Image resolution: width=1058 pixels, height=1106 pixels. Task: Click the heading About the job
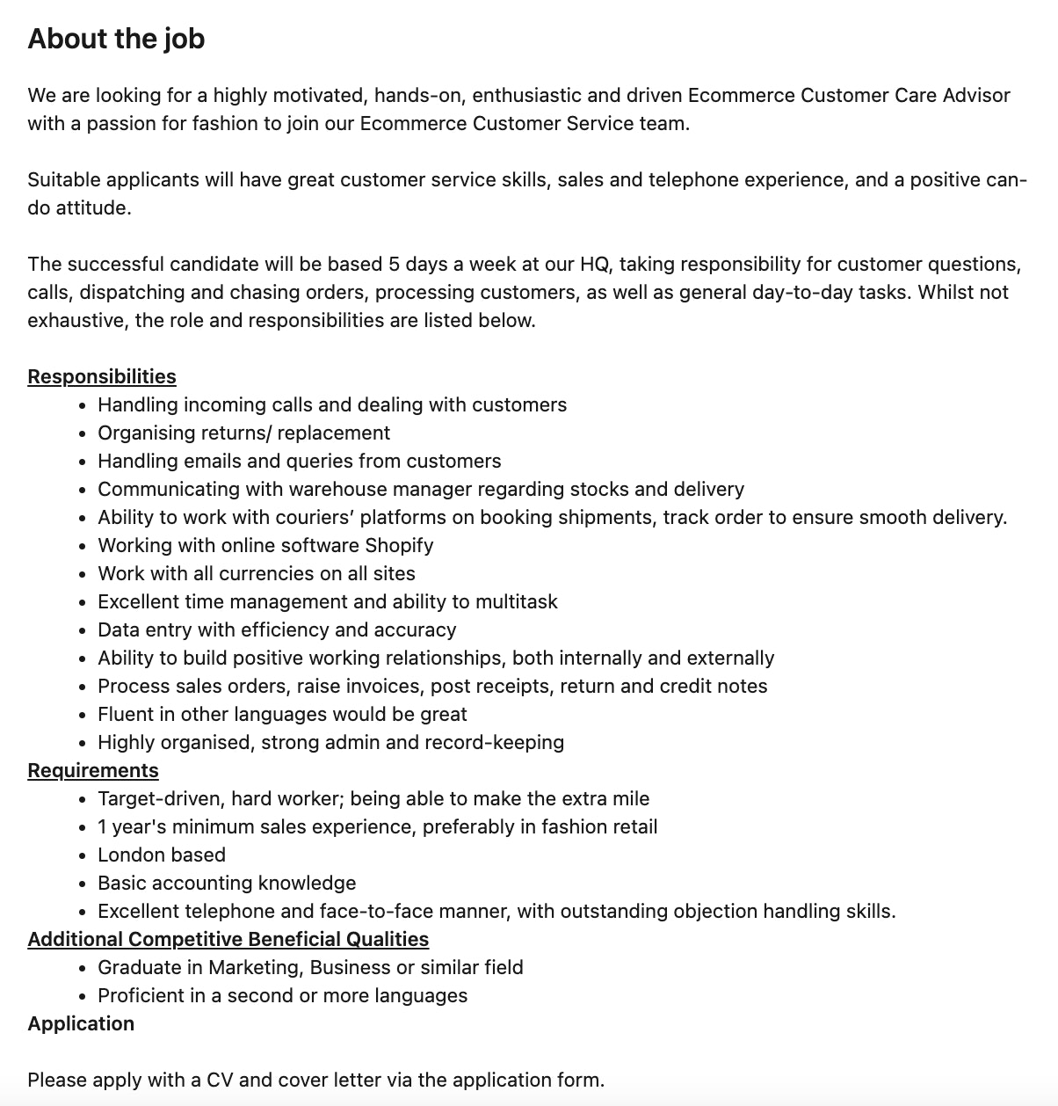point(116,39)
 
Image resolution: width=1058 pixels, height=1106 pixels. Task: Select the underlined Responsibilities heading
point(102,376)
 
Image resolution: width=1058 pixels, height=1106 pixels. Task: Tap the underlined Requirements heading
point(93,770)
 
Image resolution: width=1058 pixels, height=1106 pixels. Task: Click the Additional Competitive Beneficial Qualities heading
point(228,939)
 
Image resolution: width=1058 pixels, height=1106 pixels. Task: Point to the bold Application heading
point(81,1023)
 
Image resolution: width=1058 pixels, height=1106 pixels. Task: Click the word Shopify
point(399,545)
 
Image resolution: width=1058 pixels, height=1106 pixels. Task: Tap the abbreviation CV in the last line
point(219,1080)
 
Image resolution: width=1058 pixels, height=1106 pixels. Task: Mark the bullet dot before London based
point(82,855)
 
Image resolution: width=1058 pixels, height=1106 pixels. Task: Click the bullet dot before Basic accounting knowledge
point(82,884)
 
